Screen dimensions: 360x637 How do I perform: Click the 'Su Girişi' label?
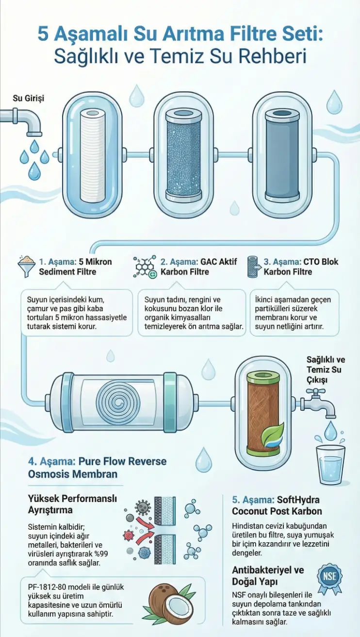click(29, 99)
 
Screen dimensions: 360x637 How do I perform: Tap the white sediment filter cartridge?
click(93, 155)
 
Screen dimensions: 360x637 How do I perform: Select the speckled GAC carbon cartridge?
click(183, 155)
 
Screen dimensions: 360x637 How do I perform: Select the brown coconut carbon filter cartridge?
click(263, 414)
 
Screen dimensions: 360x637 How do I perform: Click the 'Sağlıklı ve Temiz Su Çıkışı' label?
click(326, 369)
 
